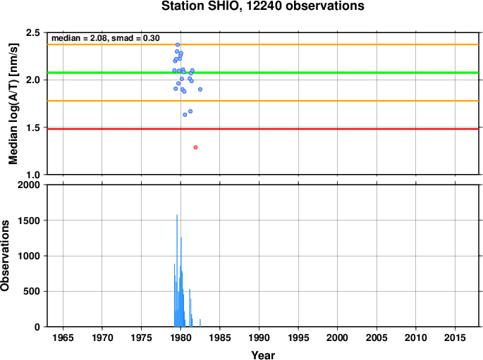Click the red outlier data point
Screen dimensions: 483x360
[x=195, y=147]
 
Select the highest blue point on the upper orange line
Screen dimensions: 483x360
[x=178, y=44]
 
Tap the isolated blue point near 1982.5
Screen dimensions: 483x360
[x=200, y=89]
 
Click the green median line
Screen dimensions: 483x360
[x=263, y=73]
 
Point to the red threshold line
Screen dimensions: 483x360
[x=263, y=129]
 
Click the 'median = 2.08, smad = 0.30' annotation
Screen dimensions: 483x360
[x=106, y=38]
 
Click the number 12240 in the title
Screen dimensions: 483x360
[x=264, y=6]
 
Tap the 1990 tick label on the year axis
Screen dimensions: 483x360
[x=259, y=337]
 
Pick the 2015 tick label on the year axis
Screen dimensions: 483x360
[x=455, y=337]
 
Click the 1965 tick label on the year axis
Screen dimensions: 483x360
[x=63, y=337]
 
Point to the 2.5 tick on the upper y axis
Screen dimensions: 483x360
[x=33, y=32]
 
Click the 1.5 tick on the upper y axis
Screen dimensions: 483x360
[x=33, y=128]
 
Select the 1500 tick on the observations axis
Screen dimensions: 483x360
[x=29, y=221]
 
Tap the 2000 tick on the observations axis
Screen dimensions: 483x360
[x=29, y=185]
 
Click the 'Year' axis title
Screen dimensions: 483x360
[x=263, y=355]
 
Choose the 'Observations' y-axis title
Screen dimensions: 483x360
[x=5, y=256]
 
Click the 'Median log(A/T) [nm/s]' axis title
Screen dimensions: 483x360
[x=13, y=104]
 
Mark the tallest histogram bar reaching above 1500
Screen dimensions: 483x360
[x=177, y=271]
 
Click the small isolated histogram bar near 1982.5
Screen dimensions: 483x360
[x=200, y=323]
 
